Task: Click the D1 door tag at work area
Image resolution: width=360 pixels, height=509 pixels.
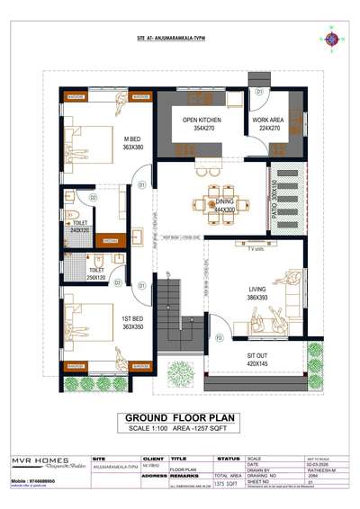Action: [x=258, y=92]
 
